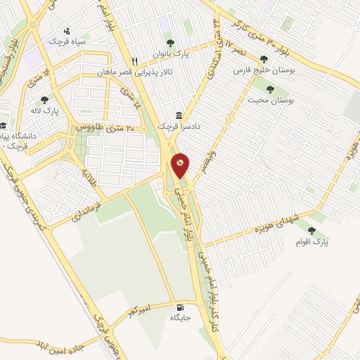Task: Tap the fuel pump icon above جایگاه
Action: tap(181, 307)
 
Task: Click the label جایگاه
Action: tap(180, 318)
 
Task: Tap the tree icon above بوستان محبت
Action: tap(270, 89)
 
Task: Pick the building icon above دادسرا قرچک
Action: tap(178, 115)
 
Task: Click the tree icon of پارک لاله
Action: tap(45, 100)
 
